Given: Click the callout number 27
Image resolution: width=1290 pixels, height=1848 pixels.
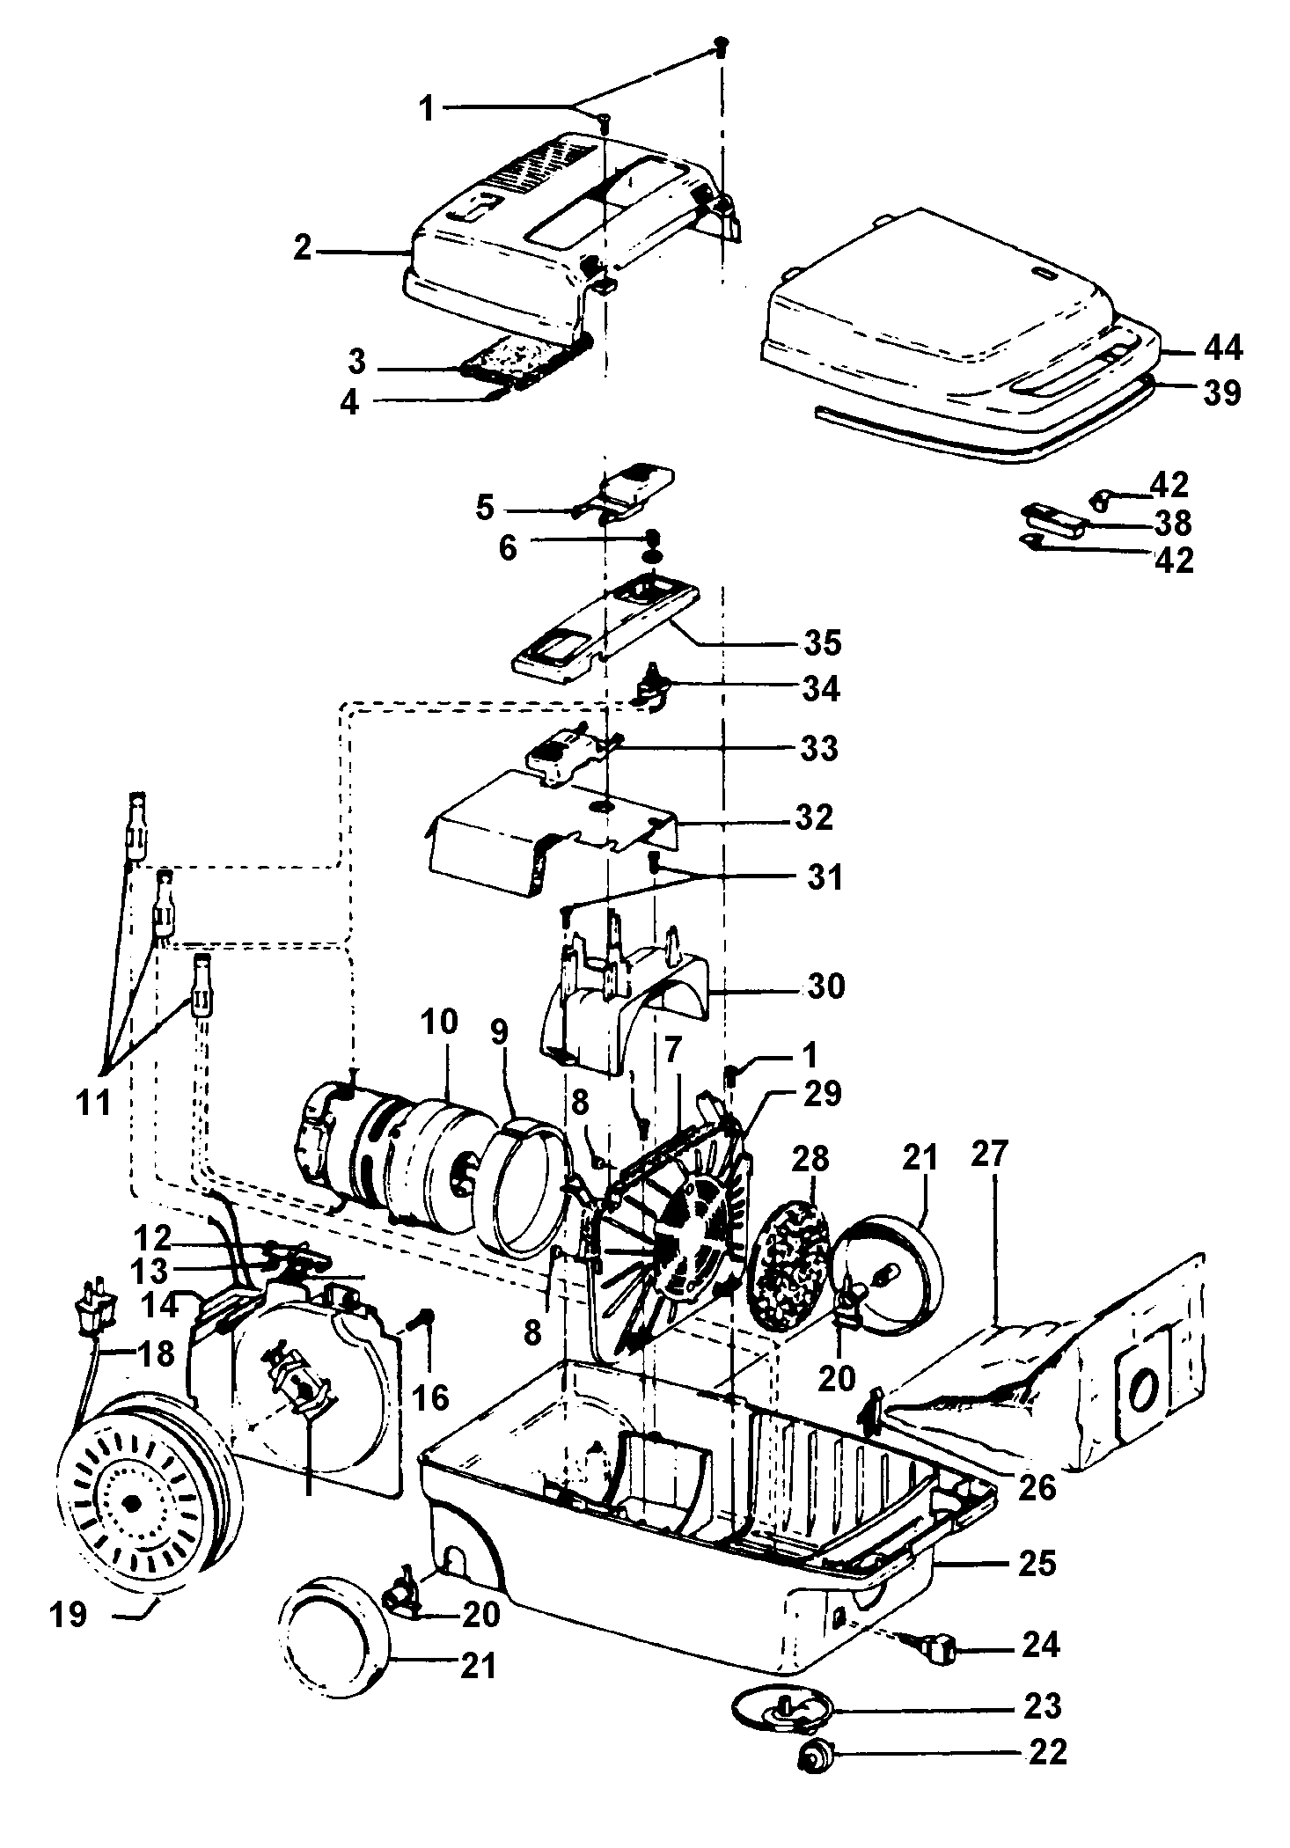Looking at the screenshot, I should (x=988, y=1153).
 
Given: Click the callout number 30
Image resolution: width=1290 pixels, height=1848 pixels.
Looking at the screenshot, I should (x=824, y=986).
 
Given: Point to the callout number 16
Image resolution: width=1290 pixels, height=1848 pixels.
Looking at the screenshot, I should (x=431, y=1397).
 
